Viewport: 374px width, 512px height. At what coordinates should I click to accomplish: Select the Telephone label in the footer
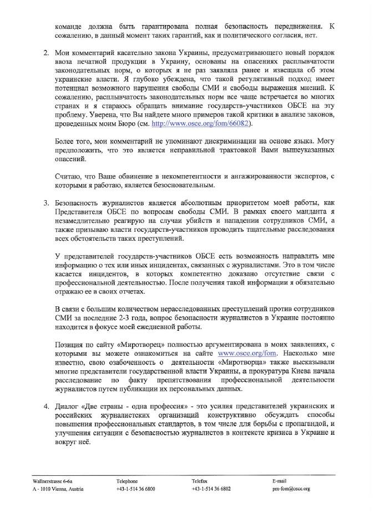(x=127, y=480)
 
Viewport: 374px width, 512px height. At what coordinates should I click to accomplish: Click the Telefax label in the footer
(x=201, y=480)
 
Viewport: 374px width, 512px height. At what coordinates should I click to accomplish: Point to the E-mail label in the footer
(x=279, y=480)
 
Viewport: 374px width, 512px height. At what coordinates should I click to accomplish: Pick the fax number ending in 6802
(x=211, y=489)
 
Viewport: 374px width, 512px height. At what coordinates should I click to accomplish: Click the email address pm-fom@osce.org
(x=291, y=489)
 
